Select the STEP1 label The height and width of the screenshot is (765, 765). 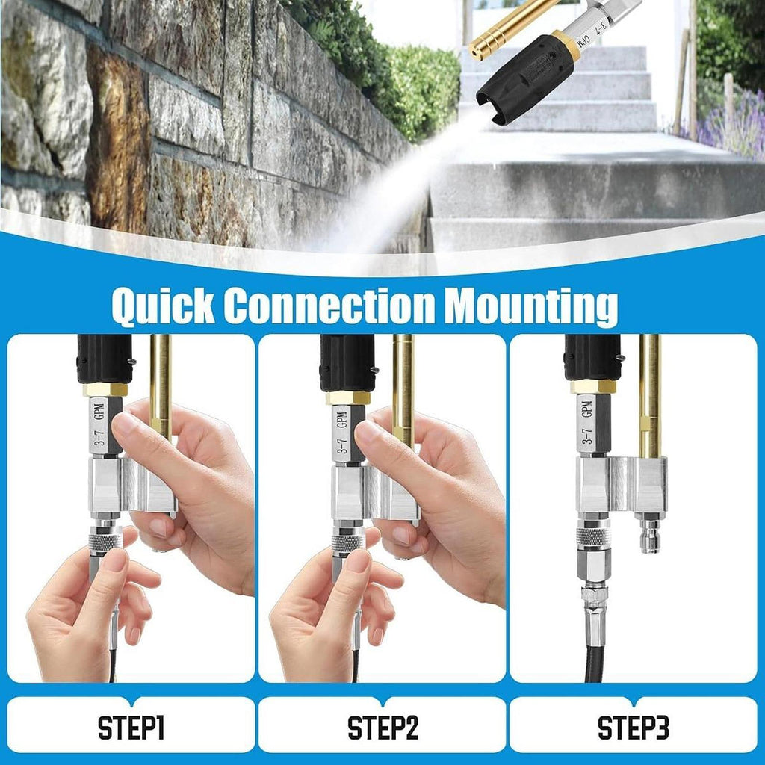(x=131, y=728)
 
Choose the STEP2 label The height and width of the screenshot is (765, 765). (x=383, y=728)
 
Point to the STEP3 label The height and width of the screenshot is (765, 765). (x=634, y=728)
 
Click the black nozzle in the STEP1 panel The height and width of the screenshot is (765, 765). (x=105, y=359)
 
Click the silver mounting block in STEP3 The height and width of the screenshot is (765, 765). (x=622, y=484)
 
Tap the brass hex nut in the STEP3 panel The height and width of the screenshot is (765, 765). (x=592, y=386)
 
